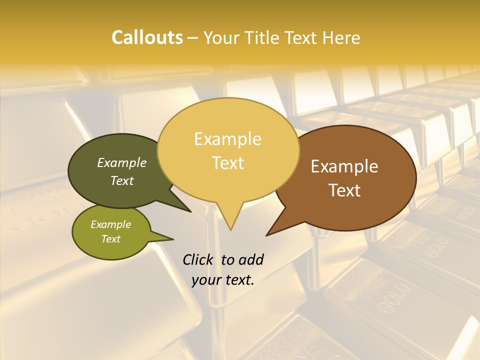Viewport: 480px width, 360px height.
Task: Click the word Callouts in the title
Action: point(147,37)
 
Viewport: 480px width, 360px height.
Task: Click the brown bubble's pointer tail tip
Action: point(267,235)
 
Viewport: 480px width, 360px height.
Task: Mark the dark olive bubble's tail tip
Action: point(191,211)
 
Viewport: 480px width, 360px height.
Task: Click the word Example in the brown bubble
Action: point(344,166)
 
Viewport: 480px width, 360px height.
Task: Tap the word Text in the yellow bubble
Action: point(228,163)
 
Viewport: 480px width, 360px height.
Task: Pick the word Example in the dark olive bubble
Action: point(122,163)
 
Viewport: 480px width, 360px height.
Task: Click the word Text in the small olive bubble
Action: point(111,239)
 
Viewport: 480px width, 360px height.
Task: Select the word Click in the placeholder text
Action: point(199,259)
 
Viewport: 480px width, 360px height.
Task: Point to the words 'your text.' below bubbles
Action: point(223,280)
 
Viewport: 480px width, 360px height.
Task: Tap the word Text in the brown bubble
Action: point(345,190)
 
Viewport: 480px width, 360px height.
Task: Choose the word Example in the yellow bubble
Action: point(228,139)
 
